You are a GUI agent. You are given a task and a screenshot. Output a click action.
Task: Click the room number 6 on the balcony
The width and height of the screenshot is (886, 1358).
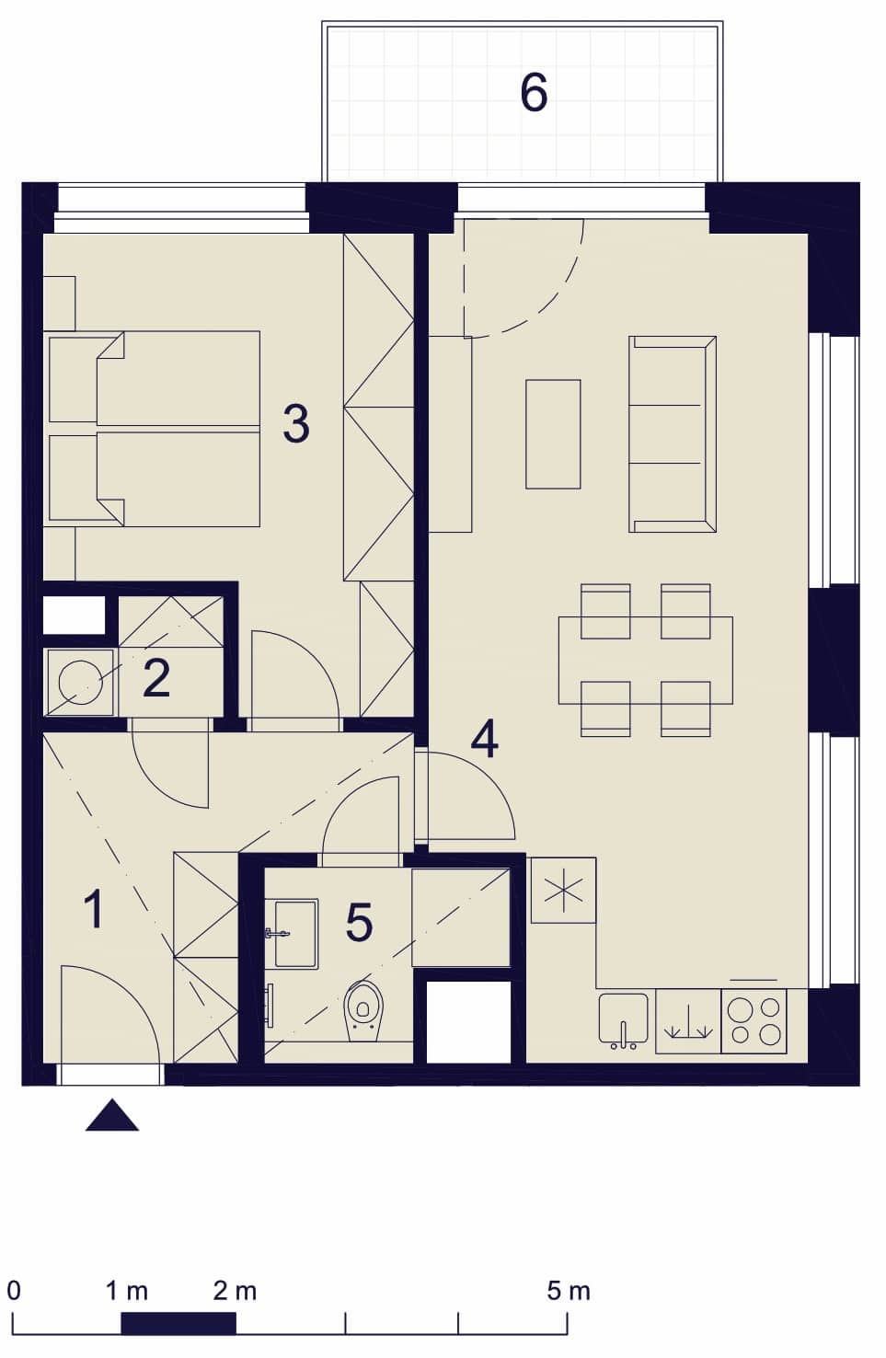click(535, 92)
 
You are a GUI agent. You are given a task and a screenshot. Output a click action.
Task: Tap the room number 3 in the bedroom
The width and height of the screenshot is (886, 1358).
click(296, 423)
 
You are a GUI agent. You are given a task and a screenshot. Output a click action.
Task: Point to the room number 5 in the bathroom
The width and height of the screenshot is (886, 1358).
click(359, 922)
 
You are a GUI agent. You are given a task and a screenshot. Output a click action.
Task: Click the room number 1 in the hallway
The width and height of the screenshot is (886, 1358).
click(94, 909)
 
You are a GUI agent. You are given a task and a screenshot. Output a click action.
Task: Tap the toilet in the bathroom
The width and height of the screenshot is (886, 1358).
click(363, 1011)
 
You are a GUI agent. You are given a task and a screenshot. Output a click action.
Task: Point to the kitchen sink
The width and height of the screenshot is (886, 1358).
click(624, 1020)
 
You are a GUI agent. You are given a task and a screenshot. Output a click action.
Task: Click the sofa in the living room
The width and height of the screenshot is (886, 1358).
click(673, 434)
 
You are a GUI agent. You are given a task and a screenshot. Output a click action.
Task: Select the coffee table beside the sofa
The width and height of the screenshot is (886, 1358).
click(553, 434)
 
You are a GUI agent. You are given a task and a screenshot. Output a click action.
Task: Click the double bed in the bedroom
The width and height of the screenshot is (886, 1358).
click(152, 429)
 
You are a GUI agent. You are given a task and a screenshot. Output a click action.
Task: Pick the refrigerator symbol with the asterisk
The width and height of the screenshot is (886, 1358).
click(563, 890)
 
